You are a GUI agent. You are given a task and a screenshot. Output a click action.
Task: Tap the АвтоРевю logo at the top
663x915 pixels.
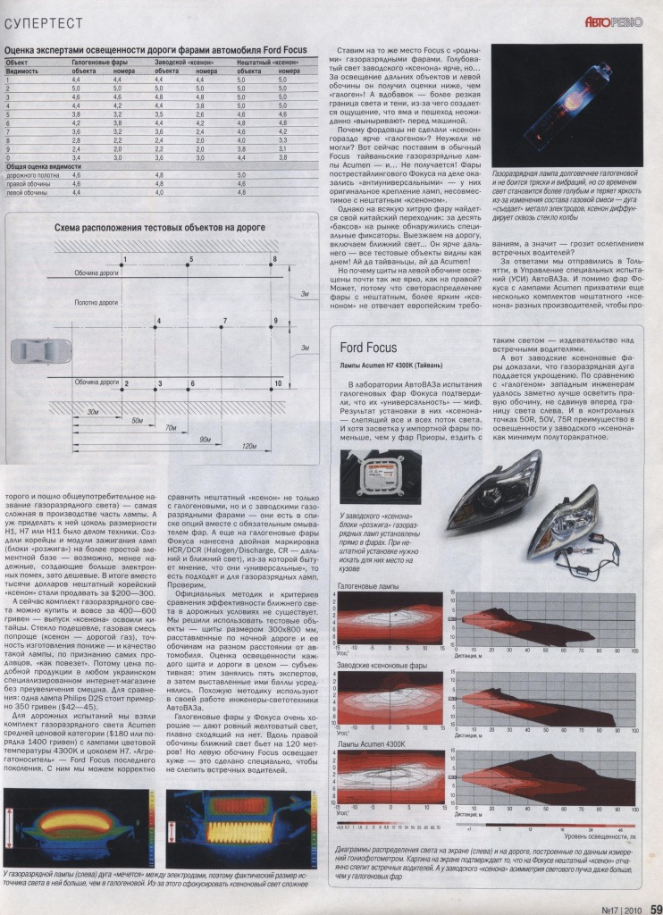coord(613,20)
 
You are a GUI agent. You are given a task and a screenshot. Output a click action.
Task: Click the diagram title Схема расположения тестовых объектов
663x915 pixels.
coord(160,229)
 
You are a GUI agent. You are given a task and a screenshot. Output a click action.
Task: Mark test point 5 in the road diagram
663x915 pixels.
coord(189,261)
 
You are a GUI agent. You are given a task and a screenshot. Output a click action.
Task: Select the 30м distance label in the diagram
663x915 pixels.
coord(93,412)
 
